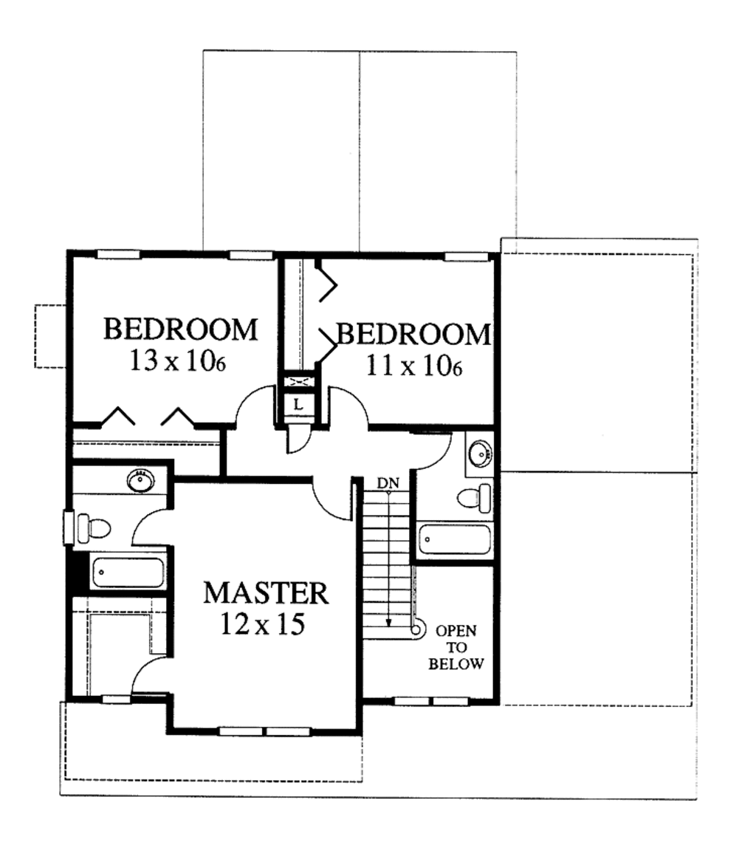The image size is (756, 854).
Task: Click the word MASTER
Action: coord(266,593)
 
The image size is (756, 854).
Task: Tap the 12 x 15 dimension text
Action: coord(262,625)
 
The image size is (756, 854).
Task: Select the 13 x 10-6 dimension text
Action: coord(177,362)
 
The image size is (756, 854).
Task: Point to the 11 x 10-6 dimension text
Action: coord(413,366)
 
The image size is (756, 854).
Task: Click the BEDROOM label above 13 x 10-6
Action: coord(181,329)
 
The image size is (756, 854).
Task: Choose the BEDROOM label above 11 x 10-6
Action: coord(413,335)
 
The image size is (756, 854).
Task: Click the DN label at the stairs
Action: coord(388,483)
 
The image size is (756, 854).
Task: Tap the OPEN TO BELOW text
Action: coord(456,647)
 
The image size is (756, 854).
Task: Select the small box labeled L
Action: coord(298,404)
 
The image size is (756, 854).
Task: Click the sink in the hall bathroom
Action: coord(481,452)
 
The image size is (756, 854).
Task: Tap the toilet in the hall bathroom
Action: coord(472,498)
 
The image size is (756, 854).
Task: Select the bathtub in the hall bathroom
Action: coord(455,540)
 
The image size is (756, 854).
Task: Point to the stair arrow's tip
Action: coord(389,624)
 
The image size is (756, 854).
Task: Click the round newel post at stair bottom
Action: coord(416,629)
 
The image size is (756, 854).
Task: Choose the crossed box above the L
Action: coord(298,382)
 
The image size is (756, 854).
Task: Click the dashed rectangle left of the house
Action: coord(51,336)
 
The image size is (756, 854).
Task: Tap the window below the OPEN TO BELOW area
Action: coord(432,700)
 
